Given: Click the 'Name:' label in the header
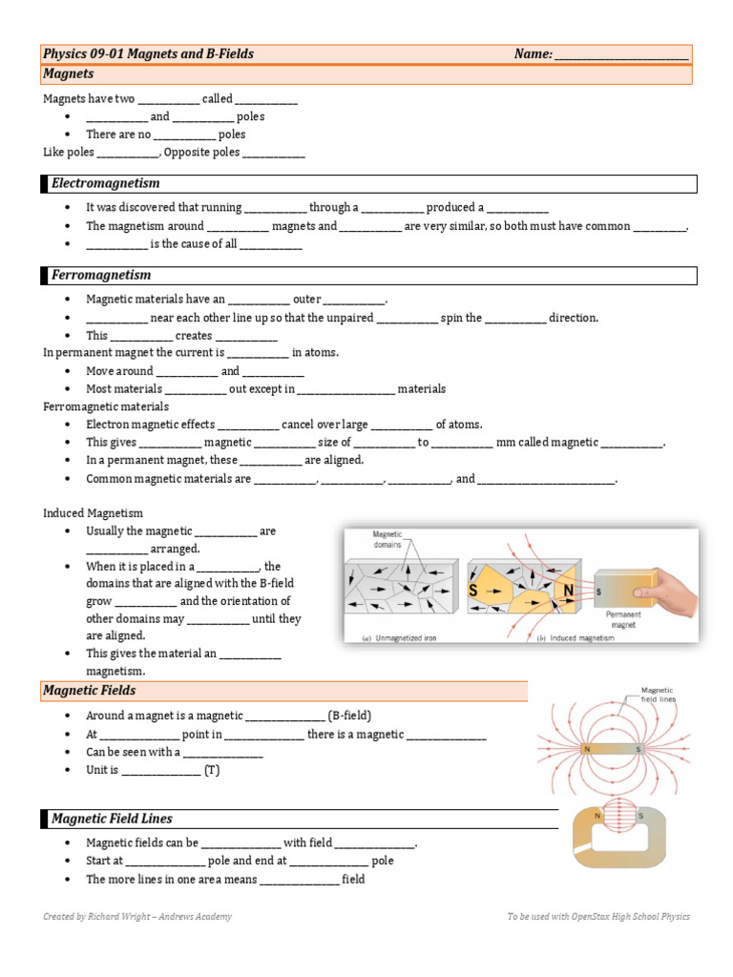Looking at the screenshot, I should (533, 54).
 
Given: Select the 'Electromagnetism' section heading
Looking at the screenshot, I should (105, 183).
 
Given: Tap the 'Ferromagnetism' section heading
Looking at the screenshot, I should (101, 275).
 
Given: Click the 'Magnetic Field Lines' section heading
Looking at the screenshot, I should (112, 819).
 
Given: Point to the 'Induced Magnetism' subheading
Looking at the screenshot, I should (93, 513).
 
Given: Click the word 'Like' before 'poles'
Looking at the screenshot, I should (53, 153).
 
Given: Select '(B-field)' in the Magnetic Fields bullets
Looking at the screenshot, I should (349, 716).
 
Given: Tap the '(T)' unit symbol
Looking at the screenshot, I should (211, 770).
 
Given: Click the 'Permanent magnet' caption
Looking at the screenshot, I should (621, 620).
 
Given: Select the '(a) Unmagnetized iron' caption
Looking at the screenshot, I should (399, 637).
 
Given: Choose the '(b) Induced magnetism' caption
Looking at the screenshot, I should (575, 637).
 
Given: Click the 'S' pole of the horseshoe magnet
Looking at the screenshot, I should (640, 816).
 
